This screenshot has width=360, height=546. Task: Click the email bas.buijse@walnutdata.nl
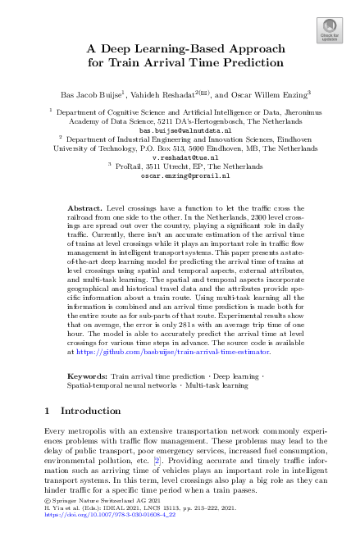click(x=180, y=130)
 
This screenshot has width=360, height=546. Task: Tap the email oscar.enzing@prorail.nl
click(x=180, y=175)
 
